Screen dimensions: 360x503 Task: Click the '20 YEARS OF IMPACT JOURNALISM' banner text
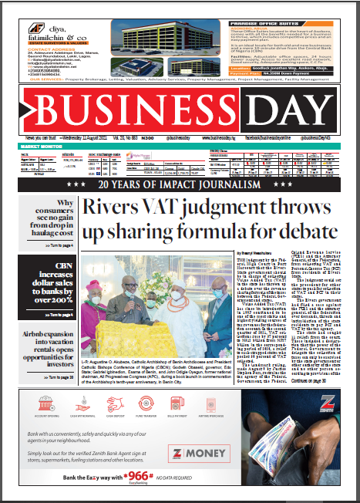[x=180, y=185]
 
